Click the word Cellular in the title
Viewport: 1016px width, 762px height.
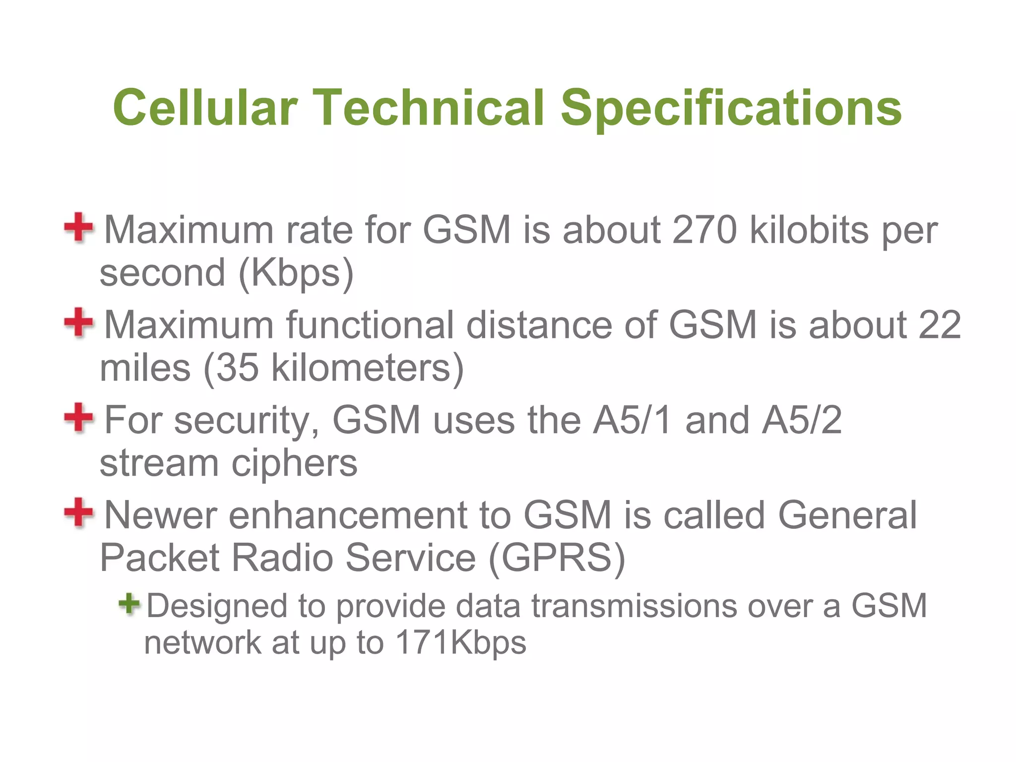(x=205, y=108)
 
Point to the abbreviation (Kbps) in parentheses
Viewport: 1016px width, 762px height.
(x=296, y=273)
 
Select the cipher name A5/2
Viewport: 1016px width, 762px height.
(x=802, y=420)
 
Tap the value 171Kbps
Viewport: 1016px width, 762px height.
(x=461, y=643)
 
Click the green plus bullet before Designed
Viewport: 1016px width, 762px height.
(x=129, y=603)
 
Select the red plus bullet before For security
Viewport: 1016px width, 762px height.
(x=78, y=417)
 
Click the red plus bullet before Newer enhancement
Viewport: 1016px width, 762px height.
(x=78, y=512)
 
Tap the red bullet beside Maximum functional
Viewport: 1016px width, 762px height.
(x=78, y=322)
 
